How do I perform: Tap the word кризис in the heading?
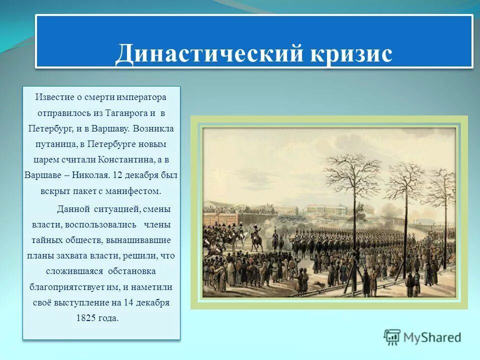[x=351, y=53]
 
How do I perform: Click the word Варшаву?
[x=110, y=128]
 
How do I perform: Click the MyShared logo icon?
[x=392, y=337]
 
